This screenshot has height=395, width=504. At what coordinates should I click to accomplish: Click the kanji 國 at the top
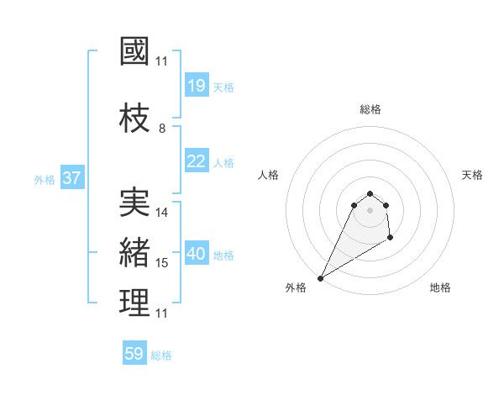coord(134,51)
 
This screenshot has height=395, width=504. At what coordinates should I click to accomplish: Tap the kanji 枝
coord(134,118)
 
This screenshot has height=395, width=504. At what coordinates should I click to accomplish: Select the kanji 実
coord(134,203)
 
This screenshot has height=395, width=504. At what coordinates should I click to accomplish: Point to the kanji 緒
coord(134,253)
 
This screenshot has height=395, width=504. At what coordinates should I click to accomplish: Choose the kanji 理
coord(134,303)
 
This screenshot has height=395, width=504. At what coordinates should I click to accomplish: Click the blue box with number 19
coord(197,85)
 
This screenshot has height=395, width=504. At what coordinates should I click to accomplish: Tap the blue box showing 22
coord(197,161)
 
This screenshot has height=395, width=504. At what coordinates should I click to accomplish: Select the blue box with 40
coord(197,254)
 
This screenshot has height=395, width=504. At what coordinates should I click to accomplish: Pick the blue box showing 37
coord(72,178)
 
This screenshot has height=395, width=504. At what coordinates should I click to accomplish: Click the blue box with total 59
coord(134,354)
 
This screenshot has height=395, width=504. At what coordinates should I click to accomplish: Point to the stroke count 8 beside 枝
coord(162,129)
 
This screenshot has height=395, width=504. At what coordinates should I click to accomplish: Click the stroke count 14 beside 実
coord(162,213)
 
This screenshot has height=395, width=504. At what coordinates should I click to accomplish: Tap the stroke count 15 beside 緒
coord(162,263)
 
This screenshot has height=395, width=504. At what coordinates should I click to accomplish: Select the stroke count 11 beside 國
coord(162,61)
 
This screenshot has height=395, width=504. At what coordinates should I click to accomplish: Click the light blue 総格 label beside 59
coord(161,355)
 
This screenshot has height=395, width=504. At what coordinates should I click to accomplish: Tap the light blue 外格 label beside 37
coord(45,179)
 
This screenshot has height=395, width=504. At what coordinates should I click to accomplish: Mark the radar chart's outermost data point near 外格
coord(320,278)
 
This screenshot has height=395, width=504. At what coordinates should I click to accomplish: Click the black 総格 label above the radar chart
coord(370,109)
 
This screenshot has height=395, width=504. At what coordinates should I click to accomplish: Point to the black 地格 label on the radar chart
coord(440,287)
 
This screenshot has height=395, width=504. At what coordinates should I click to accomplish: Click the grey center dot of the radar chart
coord(370,221)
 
